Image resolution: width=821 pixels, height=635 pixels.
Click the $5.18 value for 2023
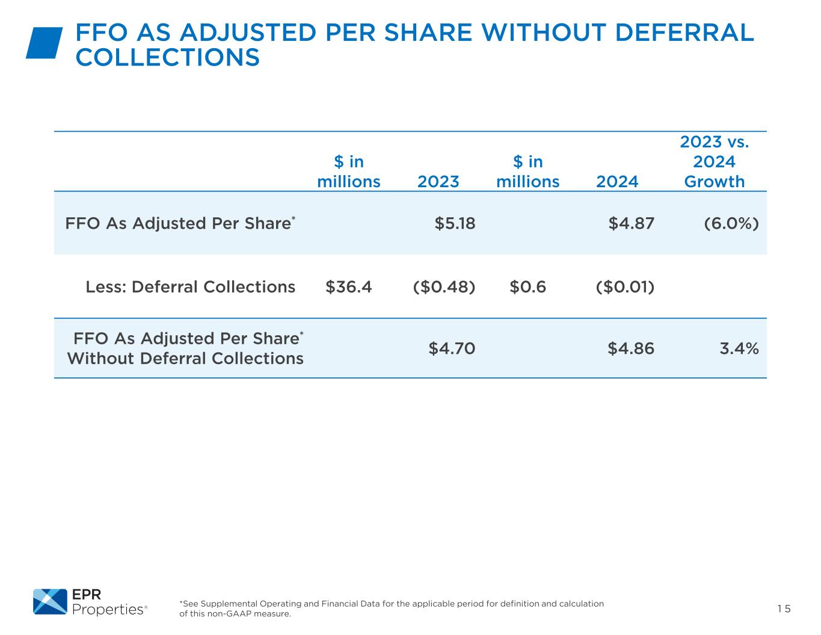pyautogui.click(x=455, y=223)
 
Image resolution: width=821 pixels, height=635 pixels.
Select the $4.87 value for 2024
pyautogui.click(x=631, y=223)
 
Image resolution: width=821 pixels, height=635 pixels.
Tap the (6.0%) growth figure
pyautogui.click(x=731, y=223)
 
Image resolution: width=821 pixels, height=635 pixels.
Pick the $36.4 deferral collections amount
pyautogui.click(x=348, y=287)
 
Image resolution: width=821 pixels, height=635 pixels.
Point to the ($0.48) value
pyautogui.click(x=444, y=287)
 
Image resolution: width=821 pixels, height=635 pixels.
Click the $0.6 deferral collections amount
pyautogui.click(x=527, y=287)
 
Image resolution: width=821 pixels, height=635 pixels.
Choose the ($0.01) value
pyautogui.click(x=625, y=287)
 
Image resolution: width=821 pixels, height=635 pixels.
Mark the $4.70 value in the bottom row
pyautogui.click(x=452, y=348)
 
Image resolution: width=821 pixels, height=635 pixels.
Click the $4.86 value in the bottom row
pyautogui.click(x=631, y=348)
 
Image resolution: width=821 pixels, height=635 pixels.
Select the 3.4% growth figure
pyautogui.click(x=739, y=348)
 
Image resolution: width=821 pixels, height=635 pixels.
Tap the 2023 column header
pyautogui.click(x=438, y=182)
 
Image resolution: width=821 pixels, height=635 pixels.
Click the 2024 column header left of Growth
pyautogui.click(x=617, y=182)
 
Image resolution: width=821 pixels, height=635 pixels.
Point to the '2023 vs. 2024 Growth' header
pyautogui.click(x=715, y=162)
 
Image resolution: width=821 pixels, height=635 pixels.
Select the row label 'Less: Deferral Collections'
pyautogui.click(x=190, y=287)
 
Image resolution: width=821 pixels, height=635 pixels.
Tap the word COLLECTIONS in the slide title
pyautogui.click(x=168, y=58)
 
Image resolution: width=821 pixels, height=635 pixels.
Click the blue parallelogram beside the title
pyautogui.click(x=44, y=43)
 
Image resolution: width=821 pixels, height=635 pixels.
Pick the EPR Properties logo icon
pyautogui.click(x=50, y=601)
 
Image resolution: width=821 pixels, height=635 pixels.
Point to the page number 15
pyautogui.click(x=784, y=609)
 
